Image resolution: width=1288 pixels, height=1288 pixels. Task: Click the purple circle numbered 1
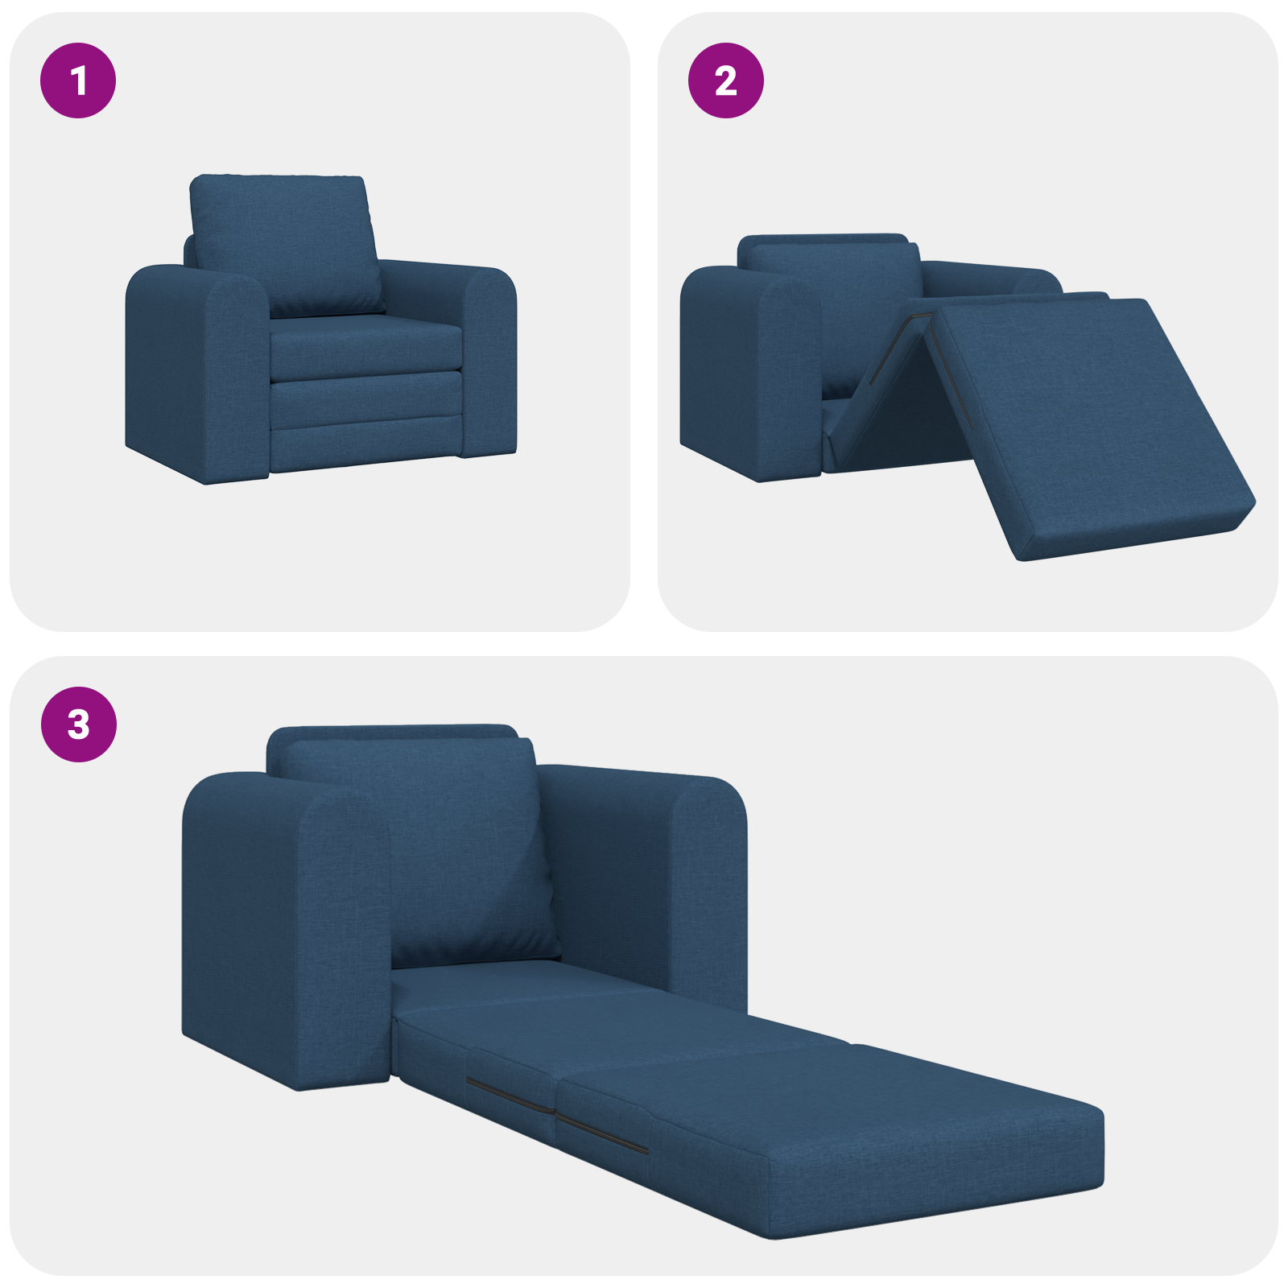pos(78,80)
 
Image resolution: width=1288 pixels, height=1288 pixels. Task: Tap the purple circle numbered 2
pos(725,80)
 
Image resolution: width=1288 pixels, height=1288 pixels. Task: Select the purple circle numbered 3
pos(78,724)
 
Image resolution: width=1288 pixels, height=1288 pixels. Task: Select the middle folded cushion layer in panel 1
pos(366,400)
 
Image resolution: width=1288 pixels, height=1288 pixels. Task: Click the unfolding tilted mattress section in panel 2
pos(1087,419)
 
